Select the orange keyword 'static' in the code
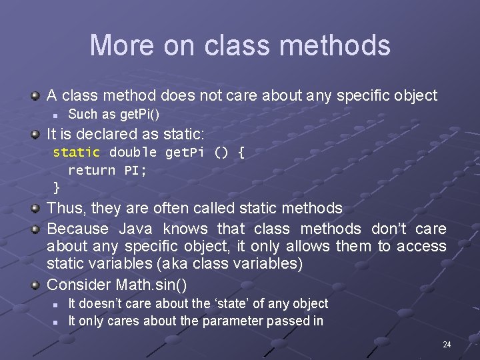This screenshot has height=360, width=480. [x=76, y=153]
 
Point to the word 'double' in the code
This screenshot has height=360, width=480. [x=133, y=153]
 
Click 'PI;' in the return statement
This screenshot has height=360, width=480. [x=135, y=170]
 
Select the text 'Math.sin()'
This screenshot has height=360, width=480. [x=151, y=285]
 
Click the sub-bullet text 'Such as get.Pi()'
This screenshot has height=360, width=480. [x=113, y=114]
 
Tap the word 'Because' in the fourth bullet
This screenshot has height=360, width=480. [x=77, y=229]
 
